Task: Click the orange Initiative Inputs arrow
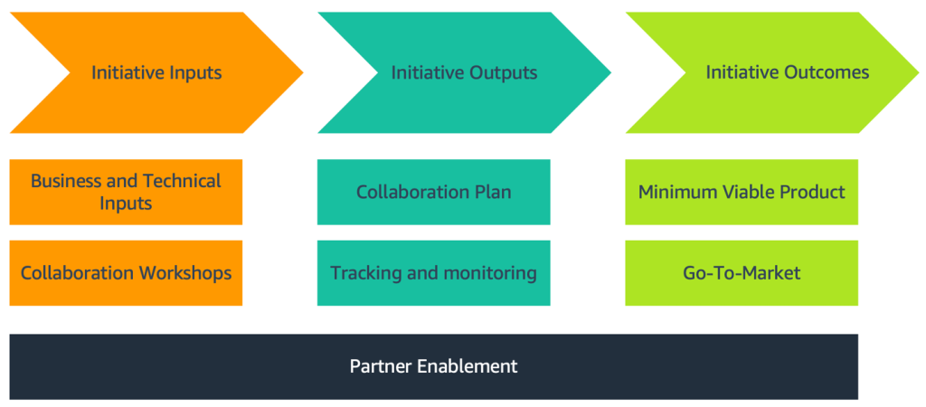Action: pos(156,72)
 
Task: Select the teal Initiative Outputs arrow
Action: pos(464,72)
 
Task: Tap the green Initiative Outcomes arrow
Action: pos(787,72)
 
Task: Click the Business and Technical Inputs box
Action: pos(126,192)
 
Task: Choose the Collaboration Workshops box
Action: pos(126,272)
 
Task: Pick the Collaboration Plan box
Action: pos(433,192)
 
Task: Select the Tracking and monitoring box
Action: pos(433,272)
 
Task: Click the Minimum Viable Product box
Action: pos(742,192)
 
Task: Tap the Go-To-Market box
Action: pos(742,272)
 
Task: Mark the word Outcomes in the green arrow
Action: pos(827,72)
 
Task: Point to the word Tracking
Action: pos(364,272)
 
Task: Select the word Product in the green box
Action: pos(811,192)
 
